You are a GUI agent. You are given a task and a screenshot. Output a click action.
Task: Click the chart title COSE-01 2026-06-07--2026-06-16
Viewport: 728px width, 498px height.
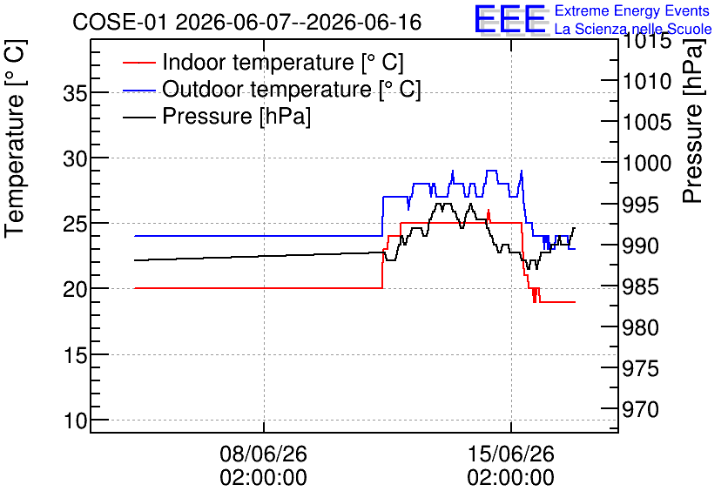(247, 22)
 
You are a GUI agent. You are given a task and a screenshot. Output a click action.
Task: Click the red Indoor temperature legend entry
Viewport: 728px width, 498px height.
(263, 62)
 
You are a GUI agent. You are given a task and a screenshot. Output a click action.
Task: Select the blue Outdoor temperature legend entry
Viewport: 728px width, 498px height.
(272, 89)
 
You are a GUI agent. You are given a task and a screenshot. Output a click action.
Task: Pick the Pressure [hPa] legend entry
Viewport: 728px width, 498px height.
(217, 116)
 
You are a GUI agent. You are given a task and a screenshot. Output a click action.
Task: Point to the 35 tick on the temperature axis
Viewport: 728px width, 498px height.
(75, 93)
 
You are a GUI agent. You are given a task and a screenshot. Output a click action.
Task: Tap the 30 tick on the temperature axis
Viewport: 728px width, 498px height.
(75, 158)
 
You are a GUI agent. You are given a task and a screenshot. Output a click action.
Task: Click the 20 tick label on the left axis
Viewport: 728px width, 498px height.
(75, 290)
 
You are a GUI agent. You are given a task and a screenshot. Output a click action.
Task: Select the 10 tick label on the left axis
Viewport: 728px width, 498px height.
(75, 421)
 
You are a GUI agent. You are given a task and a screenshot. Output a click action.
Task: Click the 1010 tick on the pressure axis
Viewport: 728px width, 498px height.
(647, 82)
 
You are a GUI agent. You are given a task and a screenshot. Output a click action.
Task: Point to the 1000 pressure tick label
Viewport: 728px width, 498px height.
(647, 164)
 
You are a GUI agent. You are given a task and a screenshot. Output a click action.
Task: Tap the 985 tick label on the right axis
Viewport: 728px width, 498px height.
(641, 286)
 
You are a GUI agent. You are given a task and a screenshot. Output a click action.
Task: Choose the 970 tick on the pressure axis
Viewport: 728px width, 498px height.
(641, 410)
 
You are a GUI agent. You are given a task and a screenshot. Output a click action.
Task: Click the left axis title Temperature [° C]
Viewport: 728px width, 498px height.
(16, 139)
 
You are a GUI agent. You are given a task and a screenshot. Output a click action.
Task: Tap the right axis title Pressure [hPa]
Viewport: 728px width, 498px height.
(692, 121)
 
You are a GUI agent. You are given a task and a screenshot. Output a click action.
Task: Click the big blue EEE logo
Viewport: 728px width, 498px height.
(510, 19)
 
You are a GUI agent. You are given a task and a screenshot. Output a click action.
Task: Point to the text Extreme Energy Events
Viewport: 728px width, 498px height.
(632, 10)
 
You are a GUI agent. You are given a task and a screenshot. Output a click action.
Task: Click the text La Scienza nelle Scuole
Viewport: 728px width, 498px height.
(633, 29)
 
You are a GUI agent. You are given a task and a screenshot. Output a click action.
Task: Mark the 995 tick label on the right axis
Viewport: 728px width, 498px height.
(641, 205)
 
